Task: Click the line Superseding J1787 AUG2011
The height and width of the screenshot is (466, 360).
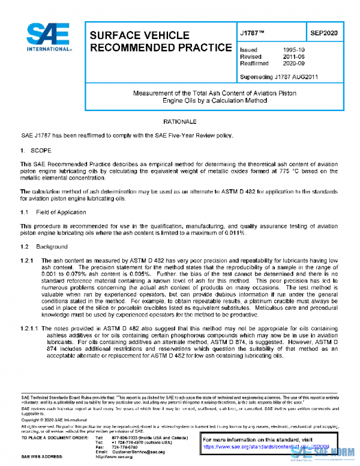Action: [278, 77]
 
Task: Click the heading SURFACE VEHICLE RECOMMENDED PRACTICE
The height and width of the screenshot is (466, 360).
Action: [159, 41]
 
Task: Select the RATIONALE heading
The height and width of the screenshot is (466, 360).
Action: [180, 121]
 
